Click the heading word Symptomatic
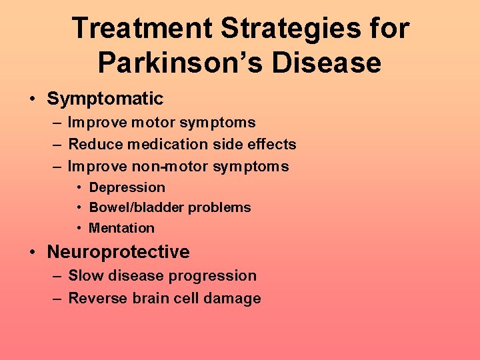coord(105,99)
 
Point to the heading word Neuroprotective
coord(118,252)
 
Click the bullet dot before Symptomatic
coord(33,99)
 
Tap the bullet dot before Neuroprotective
coord(33,252)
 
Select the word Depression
coord(127,187)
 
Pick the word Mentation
coord(121,228)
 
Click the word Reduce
coord(92,144)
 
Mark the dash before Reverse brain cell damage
coord(57,298)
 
